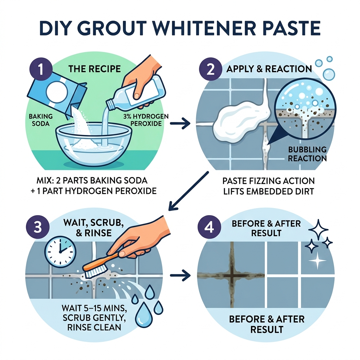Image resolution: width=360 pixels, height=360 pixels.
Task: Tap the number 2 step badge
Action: (210, 69)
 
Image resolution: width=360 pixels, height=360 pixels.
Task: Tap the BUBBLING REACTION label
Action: (307, 154)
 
